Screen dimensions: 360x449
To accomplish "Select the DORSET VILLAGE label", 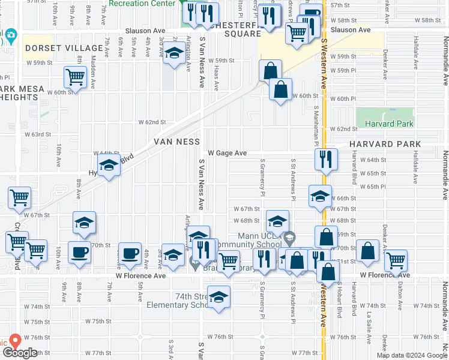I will [64, 48].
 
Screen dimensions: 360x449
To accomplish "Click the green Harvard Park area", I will [385, 118].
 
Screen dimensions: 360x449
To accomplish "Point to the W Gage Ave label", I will [228, 154].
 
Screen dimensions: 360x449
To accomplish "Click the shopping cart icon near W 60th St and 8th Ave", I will [75, 76].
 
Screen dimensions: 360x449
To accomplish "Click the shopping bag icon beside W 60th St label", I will [280, 90].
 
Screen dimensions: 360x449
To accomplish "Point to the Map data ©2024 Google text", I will [412, 355].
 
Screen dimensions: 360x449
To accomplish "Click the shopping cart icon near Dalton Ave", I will [396, 260].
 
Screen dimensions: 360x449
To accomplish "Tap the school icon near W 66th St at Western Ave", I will [320, 195].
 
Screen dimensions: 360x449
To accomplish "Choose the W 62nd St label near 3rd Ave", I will [151, 122].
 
